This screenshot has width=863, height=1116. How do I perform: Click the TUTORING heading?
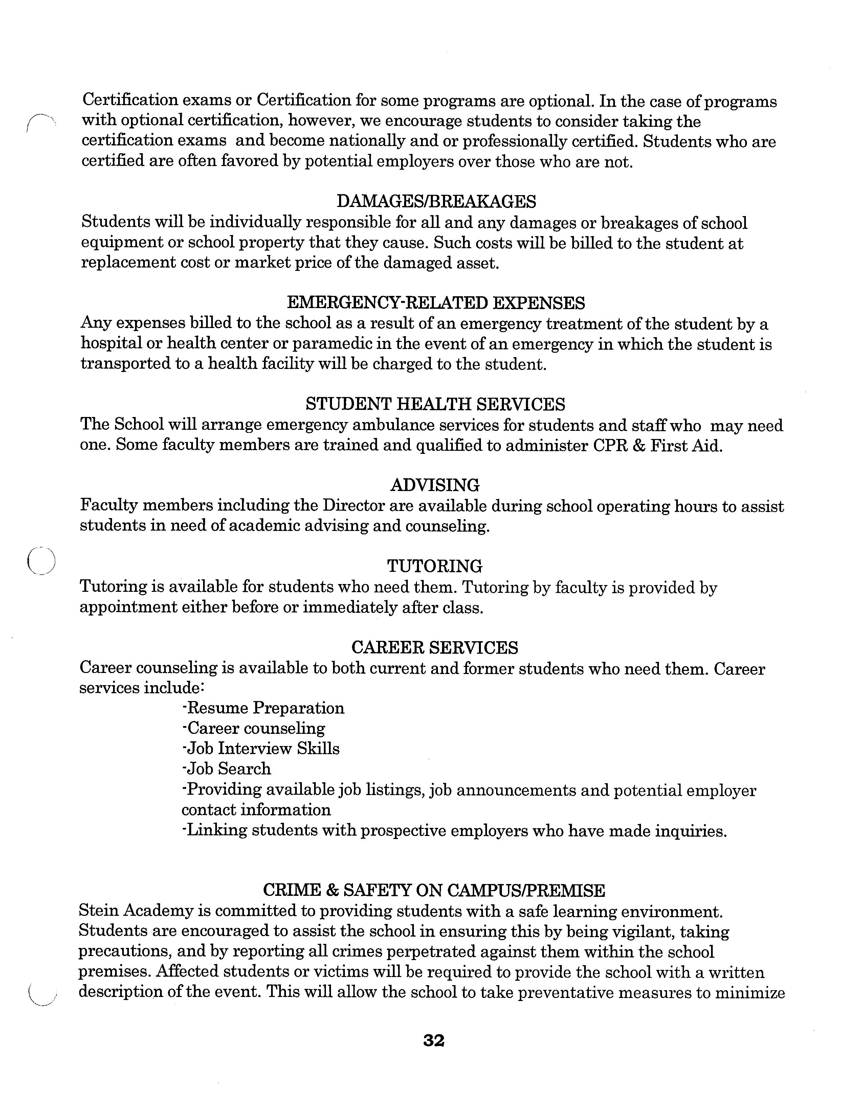tap(435, 566)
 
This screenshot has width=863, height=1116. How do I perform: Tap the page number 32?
tap(434, 1040)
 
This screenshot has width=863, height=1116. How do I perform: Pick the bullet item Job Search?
tap(226, 769)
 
